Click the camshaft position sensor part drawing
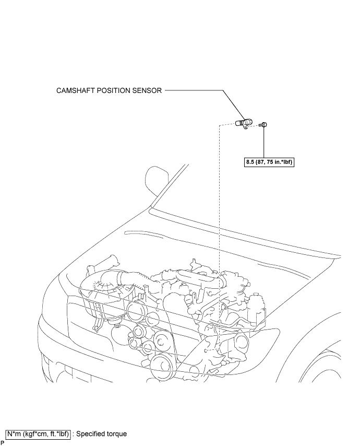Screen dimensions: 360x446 tap(244, 123)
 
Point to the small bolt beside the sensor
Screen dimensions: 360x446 tap(264, 124)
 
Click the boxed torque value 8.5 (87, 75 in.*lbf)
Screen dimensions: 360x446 tap(269, 162)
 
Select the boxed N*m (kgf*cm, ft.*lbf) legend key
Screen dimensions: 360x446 tap(38, 434)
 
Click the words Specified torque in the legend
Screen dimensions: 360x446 tap(102, 434)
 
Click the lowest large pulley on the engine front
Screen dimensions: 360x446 tap(161, 365)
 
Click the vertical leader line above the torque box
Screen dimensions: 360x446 tap(264, 143)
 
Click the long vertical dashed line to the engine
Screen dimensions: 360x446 tap(219, 236)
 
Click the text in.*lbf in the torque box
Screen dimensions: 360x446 tap(284, 162)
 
